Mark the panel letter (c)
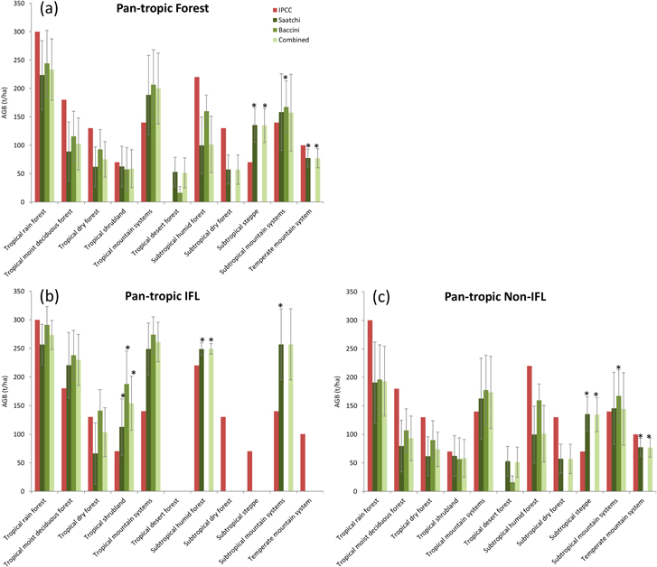point(367,298)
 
